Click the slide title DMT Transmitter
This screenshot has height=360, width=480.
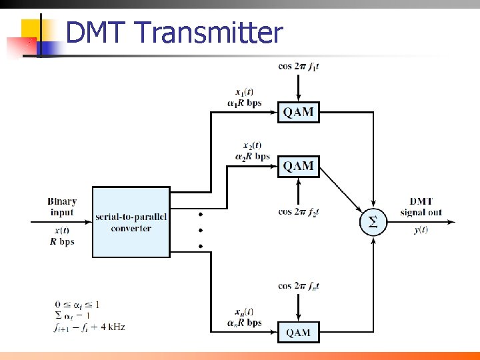pos(175,32)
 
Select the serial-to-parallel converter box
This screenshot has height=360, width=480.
pos(131,222)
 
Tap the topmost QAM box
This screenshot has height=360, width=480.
pos(299,112)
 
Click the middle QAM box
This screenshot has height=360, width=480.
pos(299,166)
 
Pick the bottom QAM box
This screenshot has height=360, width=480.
pos(299,332)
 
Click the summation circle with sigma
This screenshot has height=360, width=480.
pos(373,223)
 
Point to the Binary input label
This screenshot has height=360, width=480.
pos(62,207)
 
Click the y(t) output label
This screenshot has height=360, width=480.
pos(421,230)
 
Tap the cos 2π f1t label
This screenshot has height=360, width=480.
pos(299,66)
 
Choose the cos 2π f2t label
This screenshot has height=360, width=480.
pos(299,211)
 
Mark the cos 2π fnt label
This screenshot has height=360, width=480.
pos(299,286)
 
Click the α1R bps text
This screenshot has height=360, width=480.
pos(244,103)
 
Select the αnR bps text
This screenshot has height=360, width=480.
pos(244,323)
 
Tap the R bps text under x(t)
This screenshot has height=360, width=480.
pos(62,242)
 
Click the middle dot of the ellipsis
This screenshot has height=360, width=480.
pos(201,230)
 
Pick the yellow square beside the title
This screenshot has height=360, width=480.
pos(31,30)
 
